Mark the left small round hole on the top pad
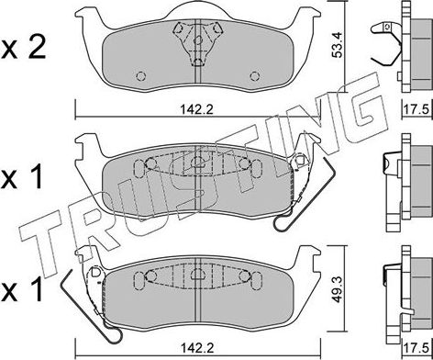pyautogui.click(x=139, y=76)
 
